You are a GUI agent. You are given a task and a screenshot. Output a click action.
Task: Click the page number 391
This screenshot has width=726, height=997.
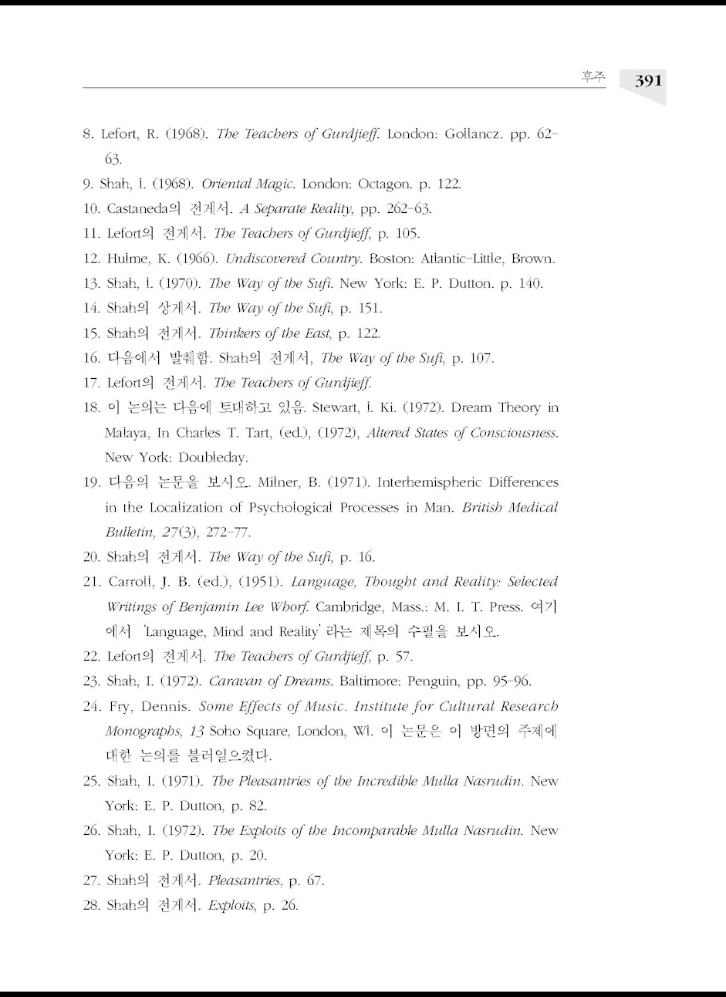[648, 80]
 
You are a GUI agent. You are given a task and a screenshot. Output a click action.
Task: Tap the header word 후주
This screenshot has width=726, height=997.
[593, 76]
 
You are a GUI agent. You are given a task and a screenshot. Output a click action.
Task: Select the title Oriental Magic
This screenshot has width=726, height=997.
[248, 184]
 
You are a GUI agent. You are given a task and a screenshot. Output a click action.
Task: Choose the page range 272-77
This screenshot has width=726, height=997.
[227, 532]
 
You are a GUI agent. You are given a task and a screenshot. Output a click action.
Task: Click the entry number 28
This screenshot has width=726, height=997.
[90, 905]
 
